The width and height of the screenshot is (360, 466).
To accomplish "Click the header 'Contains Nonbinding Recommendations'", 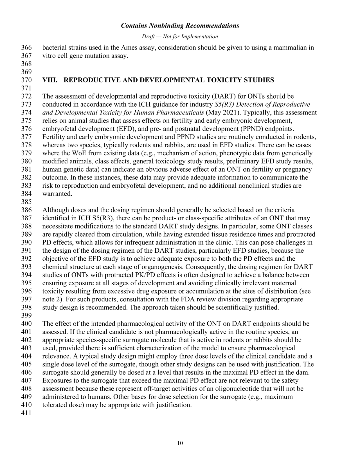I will (180, 26).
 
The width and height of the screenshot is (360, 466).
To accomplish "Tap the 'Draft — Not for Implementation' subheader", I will (180, 37).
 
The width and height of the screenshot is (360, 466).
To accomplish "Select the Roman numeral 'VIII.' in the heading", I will (50, 80).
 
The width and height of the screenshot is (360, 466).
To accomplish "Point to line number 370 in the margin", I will (27, 80).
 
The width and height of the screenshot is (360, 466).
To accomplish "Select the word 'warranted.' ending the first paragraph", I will (57, 194).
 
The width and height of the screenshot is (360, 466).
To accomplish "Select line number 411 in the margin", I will (27, 413).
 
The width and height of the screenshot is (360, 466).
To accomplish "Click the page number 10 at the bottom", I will (180, 443).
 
